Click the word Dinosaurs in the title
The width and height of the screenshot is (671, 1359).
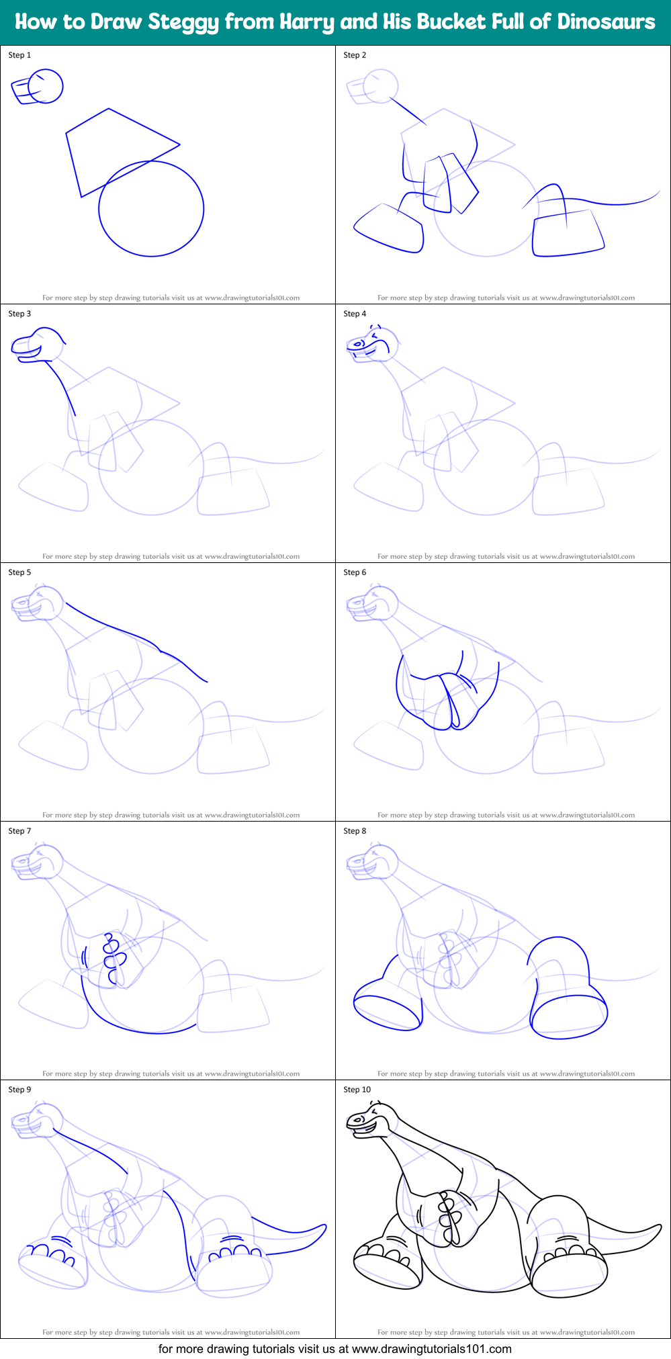[606, 21]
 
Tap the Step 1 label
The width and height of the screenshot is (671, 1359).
[19, 55]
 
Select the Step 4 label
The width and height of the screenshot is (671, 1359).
[355, 314]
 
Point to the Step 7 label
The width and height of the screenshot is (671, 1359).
[19, 831]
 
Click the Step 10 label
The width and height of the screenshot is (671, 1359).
[357, 1090]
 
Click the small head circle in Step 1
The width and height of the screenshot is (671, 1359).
[46, 86]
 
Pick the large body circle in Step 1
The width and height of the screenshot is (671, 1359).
[151, 208]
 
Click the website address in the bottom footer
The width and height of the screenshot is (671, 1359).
[432, 1348]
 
